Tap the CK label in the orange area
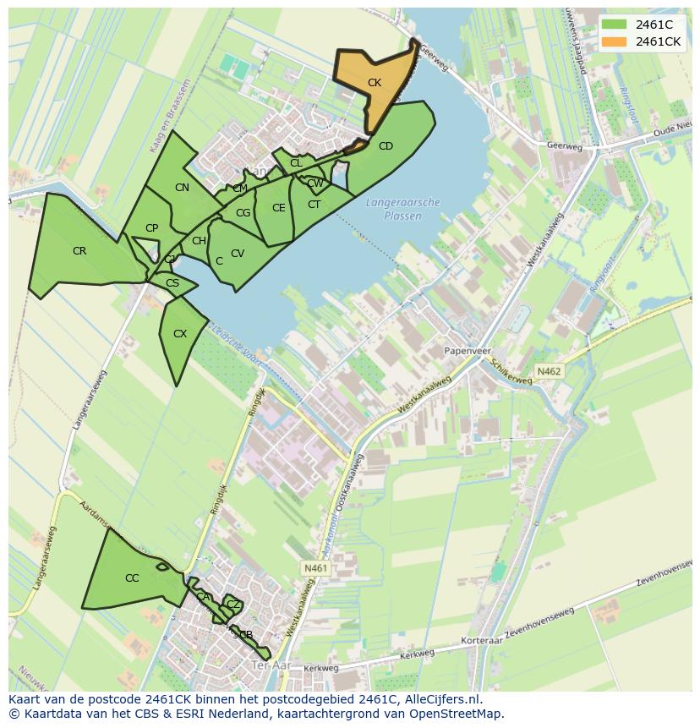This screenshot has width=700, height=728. point(375,83)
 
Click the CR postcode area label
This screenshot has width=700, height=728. point(79,251)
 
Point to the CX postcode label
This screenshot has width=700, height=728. point(180,334)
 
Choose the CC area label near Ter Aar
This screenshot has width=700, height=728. point(132,578)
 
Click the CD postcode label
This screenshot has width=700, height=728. point(386,146)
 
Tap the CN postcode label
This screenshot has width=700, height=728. point(182,188)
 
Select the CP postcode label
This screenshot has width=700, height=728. point(151,228)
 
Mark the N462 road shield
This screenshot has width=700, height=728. point(549,370)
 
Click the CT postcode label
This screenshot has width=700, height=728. point(314,205)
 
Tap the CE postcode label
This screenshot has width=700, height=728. point(278,208)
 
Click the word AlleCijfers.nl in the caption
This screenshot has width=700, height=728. point(439,700)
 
